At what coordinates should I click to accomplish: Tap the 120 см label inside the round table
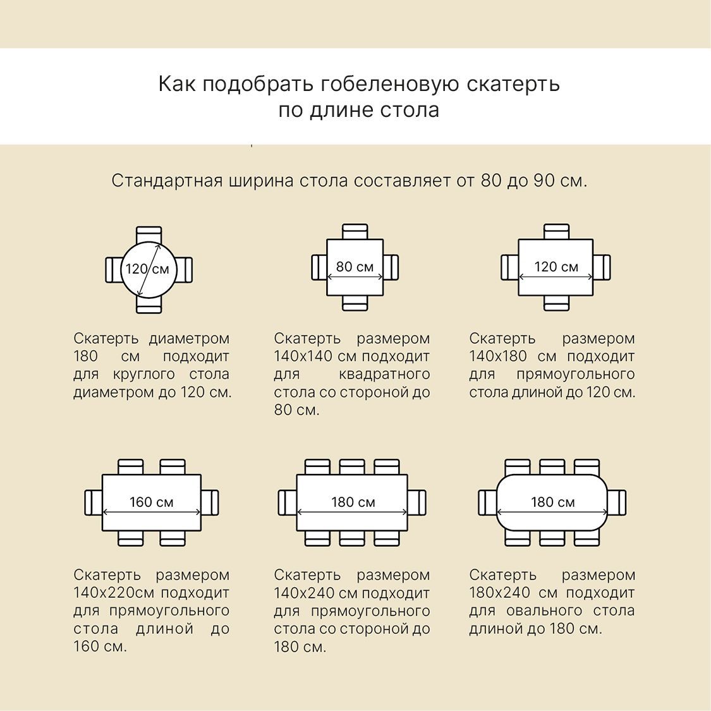point(147,269)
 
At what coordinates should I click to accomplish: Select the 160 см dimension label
point(152,502)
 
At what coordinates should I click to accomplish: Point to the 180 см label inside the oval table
point(553,502)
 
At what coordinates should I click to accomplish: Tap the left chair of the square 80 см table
point(319,267)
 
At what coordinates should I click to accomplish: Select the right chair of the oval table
point(617,502)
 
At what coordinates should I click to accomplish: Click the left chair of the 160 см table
point(94,502)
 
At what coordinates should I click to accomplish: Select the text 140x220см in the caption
point(114,593)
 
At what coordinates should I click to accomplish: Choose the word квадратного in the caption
point(384,375)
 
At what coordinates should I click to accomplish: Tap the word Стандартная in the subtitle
point(167,181)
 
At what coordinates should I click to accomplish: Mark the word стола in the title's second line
point(410,110)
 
